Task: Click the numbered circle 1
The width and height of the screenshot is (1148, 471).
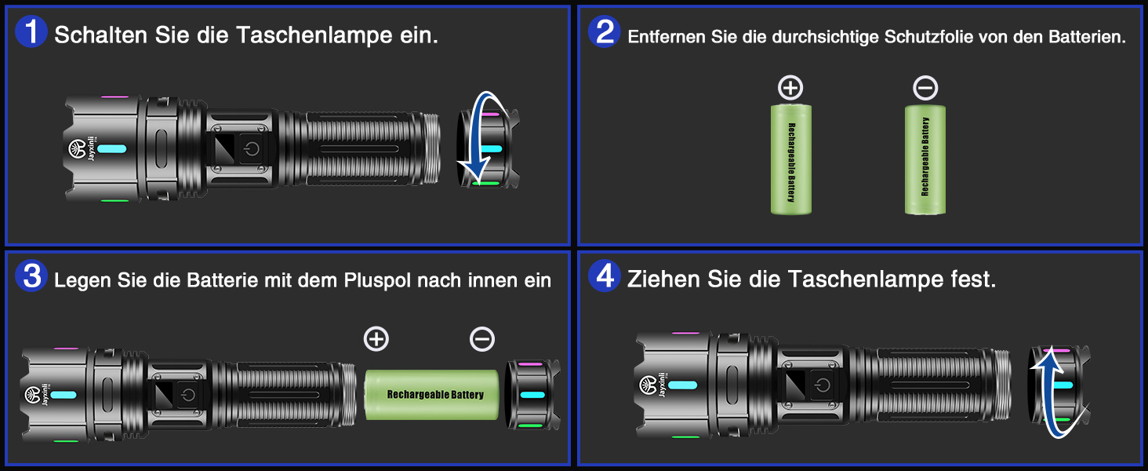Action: (x=31, y=31)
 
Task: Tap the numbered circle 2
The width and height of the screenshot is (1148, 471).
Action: (x=605, y=31)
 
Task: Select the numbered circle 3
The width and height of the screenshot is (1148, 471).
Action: (x=31, y=276)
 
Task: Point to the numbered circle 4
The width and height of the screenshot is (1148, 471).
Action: (x=605, y=276)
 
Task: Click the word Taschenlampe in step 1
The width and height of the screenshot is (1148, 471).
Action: (x=314, y=35)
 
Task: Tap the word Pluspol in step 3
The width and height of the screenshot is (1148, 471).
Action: (x=377, y=280)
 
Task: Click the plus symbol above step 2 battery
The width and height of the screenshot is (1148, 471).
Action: (x=790, y=88)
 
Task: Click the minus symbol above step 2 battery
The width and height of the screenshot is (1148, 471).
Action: (x=925, y=88)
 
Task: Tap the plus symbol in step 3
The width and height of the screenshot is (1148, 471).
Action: (x=376, y=338)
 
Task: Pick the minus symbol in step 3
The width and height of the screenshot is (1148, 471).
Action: (x=481, y=338)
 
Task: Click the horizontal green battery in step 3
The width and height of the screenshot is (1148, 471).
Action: (x=431, y=395)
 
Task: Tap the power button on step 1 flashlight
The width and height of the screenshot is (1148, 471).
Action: (x=251, y=149)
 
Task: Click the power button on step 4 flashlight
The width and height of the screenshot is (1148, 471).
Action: (x=823, y=385)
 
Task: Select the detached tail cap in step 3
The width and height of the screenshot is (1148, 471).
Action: (x=532, y=395)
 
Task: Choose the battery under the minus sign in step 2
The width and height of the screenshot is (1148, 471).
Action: (x=925, y=159)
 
